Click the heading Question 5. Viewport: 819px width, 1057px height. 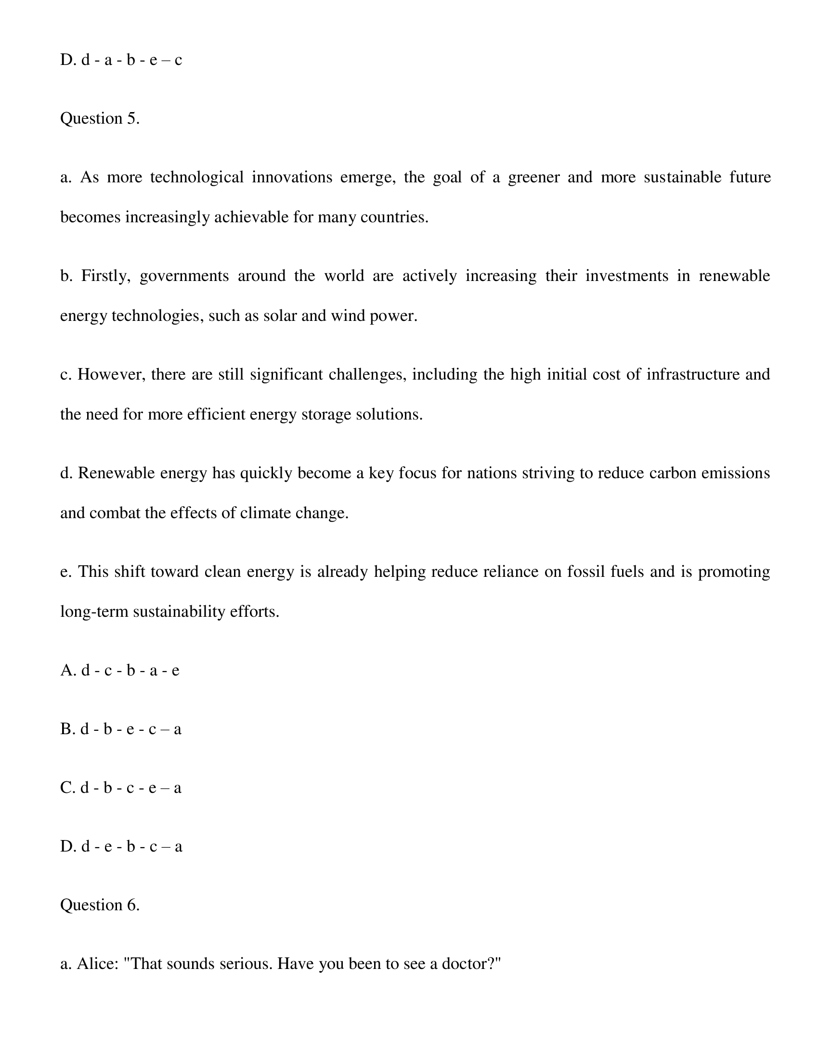(100, 118)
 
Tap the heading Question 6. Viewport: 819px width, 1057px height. (100, 905)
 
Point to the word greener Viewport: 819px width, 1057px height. (533, 178)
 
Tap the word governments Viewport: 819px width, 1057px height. (184, 276)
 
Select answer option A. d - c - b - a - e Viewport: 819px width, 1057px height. (119, 671)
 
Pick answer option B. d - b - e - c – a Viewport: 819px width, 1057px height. (120, 729)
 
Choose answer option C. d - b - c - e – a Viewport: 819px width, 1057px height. (120, 788)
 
